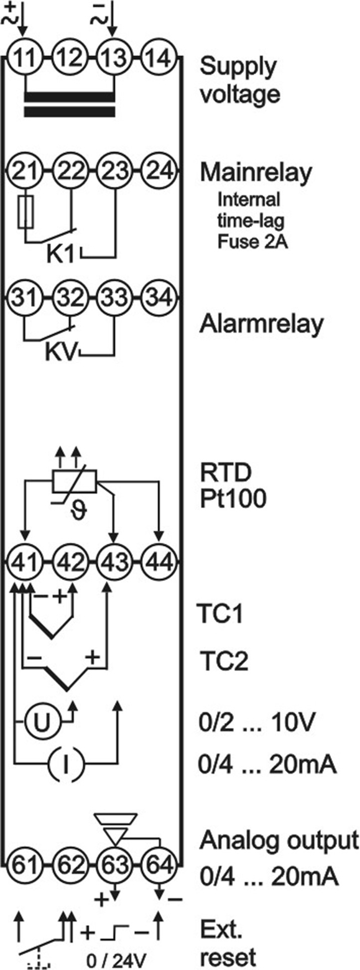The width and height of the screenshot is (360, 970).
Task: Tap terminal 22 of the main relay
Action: click(71, 173)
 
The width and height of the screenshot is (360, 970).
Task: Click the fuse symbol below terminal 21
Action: click(26, 211)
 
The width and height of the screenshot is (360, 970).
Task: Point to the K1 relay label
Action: click(61, 255)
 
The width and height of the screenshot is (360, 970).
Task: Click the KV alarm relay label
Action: click(61, 353)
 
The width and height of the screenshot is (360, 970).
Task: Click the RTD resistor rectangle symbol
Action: click(74, 481)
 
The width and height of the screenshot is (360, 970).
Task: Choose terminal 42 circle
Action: click(71, 563)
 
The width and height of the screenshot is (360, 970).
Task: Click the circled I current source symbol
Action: click(65, 764)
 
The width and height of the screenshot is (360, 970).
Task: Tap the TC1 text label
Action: click(220, 614)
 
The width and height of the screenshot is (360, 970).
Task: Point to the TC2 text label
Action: click(224, 661)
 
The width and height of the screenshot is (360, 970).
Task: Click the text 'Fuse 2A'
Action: click(252, 242)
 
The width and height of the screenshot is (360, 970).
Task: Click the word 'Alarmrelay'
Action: click(261, 324)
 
